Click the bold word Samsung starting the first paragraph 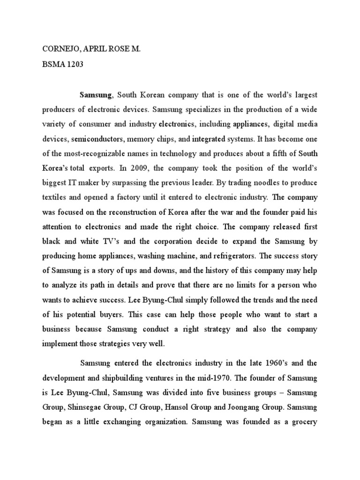[x=96, y=95]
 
